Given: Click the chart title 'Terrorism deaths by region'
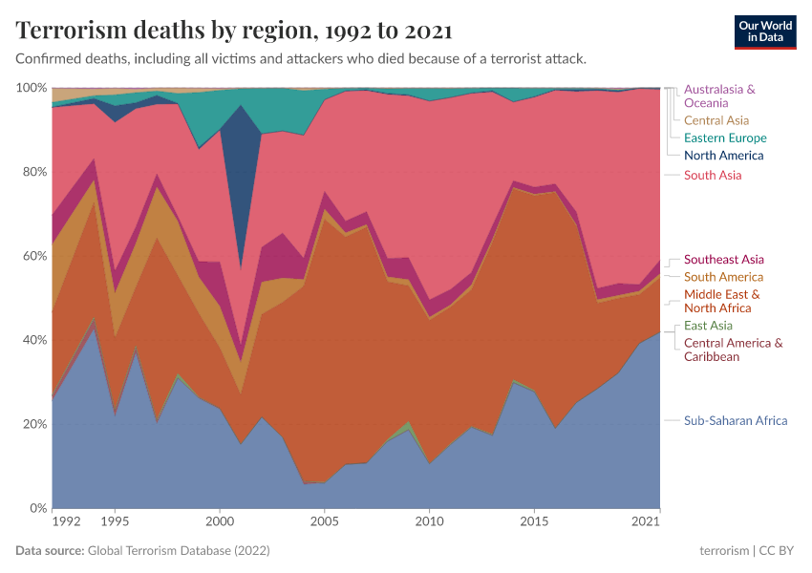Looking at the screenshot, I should [234, 31].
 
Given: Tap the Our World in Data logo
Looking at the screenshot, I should [764, 32].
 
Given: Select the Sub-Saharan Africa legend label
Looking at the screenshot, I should [736, 420].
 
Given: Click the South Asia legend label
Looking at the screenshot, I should [713, 175].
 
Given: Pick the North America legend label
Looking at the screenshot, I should [723, 155].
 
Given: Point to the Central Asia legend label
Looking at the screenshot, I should [716, 120].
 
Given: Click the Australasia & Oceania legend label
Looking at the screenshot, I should [719, 95].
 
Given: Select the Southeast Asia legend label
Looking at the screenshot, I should [723, 259].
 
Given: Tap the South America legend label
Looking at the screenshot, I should [723, 277].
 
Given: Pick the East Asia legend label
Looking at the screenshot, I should [708, 326].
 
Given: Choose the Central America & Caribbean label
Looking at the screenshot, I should [733, 350].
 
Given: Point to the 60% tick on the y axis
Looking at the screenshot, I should [32, 256].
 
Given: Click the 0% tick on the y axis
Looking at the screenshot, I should [36, 508].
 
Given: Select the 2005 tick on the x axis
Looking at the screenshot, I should [325, 522].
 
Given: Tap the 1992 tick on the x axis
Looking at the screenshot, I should [67, 522].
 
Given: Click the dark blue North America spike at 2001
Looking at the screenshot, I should [241, 162].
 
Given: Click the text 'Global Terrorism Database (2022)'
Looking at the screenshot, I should [179, 551].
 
